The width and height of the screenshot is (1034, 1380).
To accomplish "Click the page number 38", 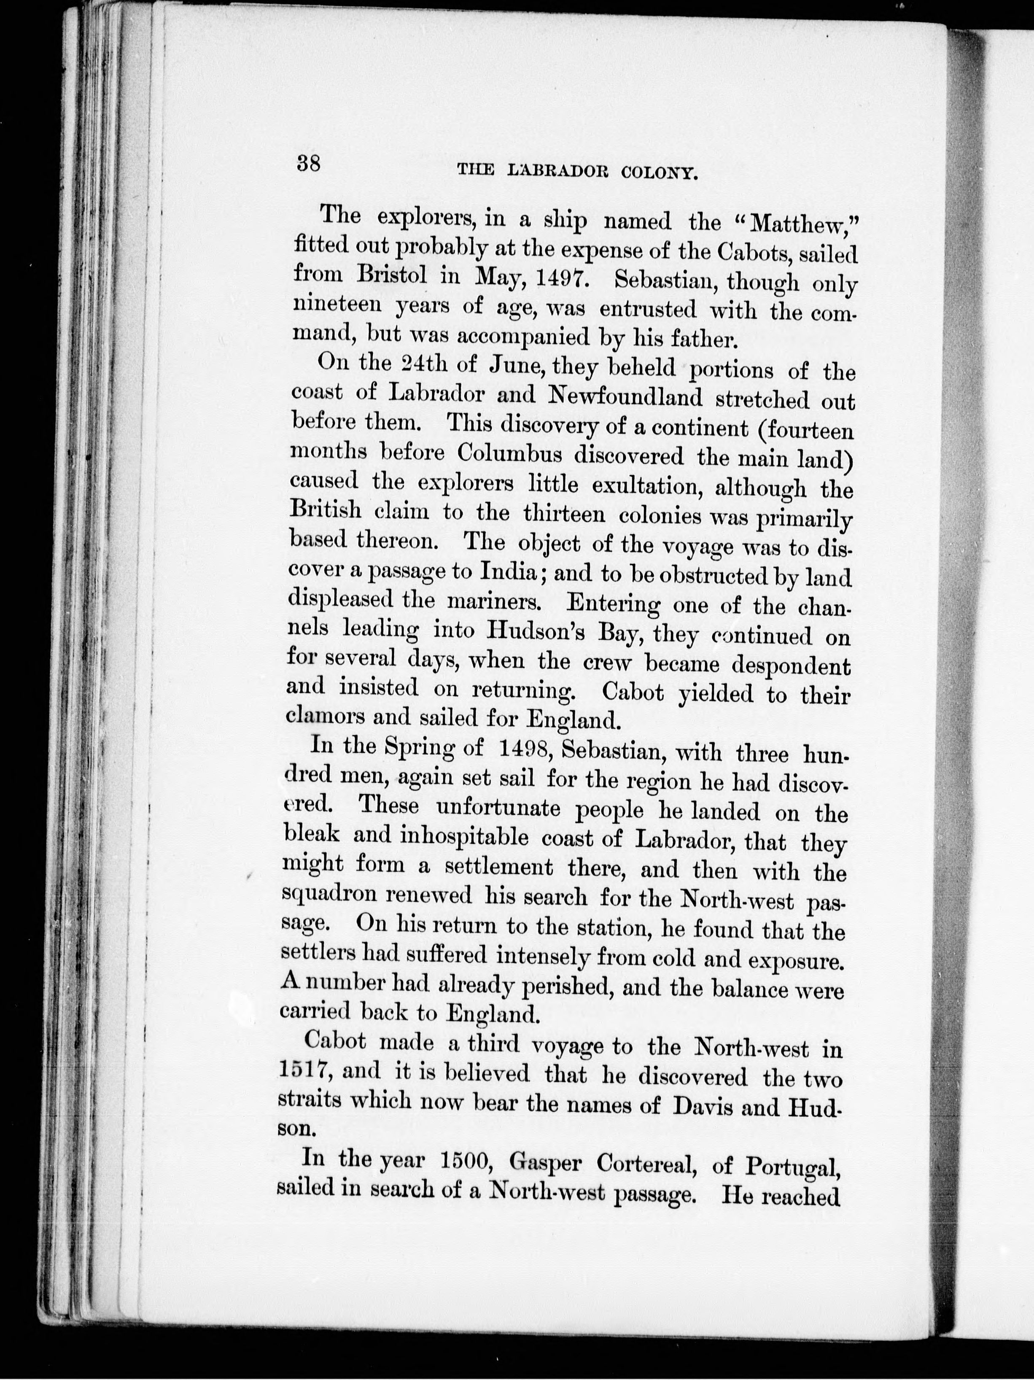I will pyautogui.click(x=309, y=165).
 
